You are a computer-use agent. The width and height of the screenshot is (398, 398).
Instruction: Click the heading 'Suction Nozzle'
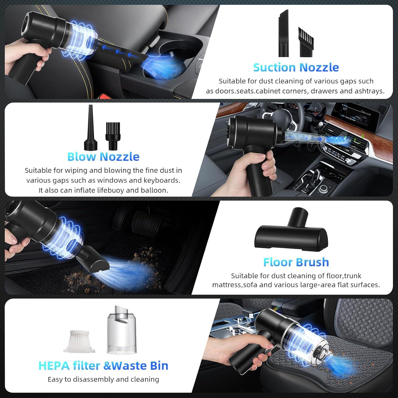click(296, 67)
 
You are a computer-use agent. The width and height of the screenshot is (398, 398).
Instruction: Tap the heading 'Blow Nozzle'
click(103, 157)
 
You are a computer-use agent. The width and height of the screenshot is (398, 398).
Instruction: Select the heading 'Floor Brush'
click(296, 262)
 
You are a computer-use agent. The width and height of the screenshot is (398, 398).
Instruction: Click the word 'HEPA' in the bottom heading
click(55, 366)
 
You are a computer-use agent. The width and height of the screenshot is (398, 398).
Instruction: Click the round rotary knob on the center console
click(325, 189)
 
